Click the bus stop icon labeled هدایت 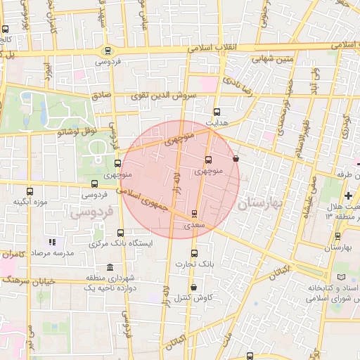point(216,112)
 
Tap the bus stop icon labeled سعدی point(194,214)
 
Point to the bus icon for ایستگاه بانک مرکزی point(120,233)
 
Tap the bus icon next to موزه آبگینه point(30,191)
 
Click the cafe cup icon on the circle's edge point(235,158)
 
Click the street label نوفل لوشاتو point(79,130)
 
